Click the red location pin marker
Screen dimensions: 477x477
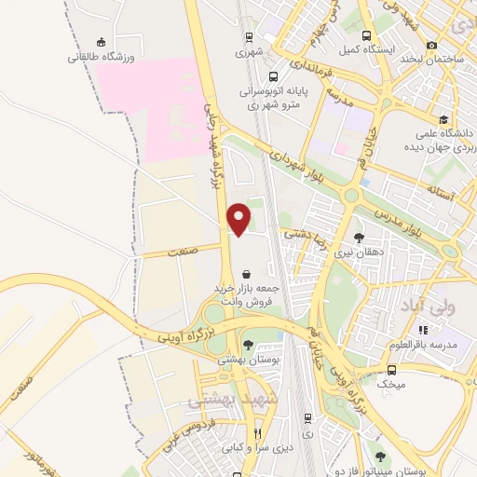(239, 218)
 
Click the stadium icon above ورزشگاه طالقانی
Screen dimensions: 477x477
(101, 42)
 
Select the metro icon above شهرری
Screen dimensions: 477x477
(249, 37)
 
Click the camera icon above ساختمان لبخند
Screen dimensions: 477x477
(431, 45)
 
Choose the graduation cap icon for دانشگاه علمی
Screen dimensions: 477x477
(443, 119)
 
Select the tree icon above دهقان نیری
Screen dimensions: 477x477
(359, 238)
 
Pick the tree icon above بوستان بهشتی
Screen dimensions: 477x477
(247, 344)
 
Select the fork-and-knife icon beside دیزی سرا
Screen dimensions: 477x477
(258, 434)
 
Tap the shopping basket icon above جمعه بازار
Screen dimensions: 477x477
(245, 275)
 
